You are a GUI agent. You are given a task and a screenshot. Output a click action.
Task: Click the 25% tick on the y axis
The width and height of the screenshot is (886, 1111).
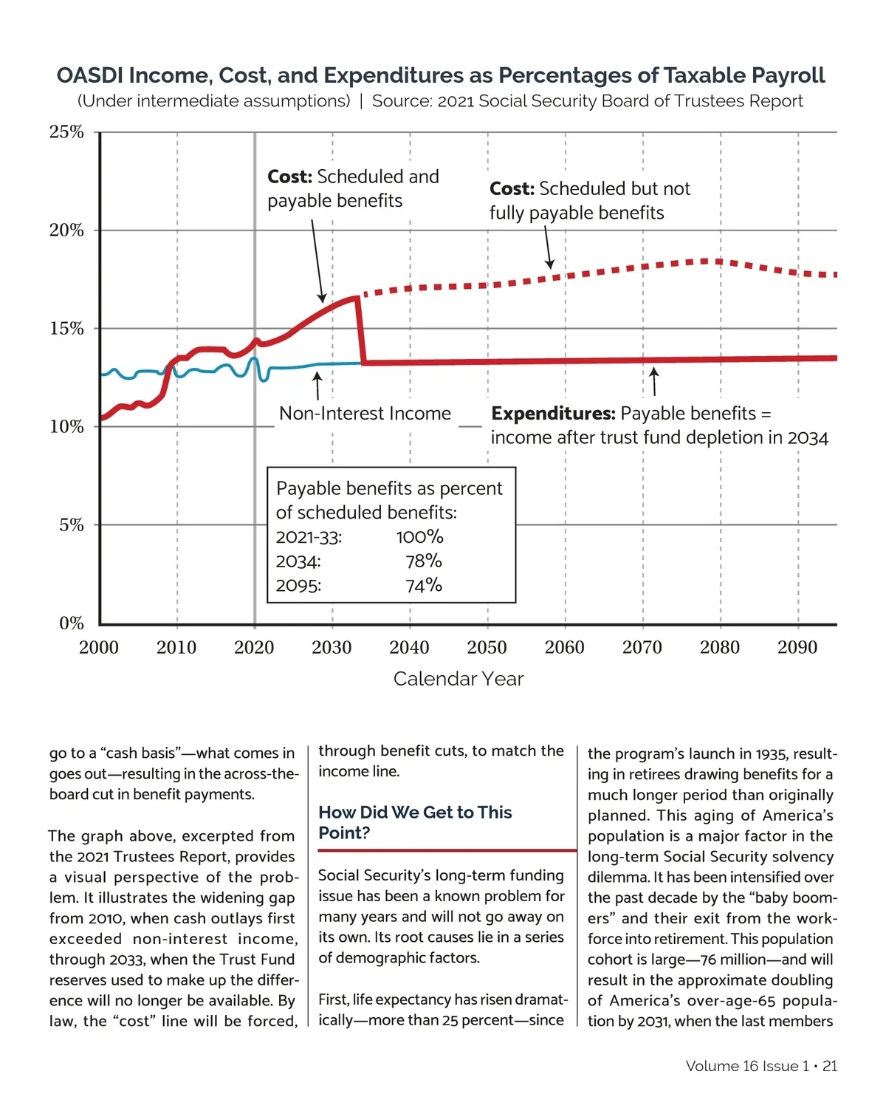tap(66, 132)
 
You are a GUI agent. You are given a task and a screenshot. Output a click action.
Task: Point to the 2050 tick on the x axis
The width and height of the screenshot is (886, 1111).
tap(487, 648)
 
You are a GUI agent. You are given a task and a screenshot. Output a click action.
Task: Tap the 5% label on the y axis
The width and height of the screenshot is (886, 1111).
tap(71, 525)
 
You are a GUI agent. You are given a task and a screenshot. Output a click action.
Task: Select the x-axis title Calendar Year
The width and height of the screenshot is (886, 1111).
tap(458, 679)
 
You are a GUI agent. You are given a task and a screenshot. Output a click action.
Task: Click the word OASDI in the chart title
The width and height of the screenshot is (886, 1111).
tap(90, 75)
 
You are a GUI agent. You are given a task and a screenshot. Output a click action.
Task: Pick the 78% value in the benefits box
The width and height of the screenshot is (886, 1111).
tap(424, 561)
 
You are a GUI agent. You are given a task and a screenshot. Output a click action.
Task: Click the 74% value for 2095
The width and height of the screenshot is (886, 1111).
tap(424, 586)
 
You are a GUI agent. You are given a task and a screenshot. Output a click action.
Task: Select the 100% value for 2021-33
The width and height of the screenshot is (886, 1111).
tap(419, 537)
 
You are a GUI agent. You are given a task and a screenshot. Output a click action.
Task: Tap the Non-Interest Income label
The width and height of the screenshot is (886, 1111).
tap(365, 414)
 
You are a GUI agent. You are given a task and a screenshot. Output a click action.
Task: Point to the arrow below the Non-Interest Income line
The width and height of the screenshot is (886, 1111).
tap(317, 385)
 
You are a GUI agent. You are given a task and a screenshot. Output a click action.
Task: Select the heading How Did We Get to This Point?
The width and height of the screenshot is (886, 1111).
tap(415, 822)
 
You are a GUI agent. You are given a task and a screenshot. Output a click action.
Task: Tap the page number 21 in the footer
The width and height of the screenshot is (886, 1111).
tap(830, 1066)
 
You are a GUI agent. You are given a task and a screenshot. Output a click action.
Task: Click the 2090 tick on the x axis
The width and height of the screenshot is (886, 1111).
tap(797, 648)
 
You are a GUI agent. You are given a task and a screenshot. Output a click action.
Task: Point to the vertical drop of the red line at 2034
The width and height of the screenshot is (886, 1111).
tap(361, 331)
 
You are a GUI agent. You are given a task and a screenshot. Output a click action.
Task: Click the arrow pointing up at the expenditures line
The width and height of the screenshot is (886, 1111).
tap(653, 380)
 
